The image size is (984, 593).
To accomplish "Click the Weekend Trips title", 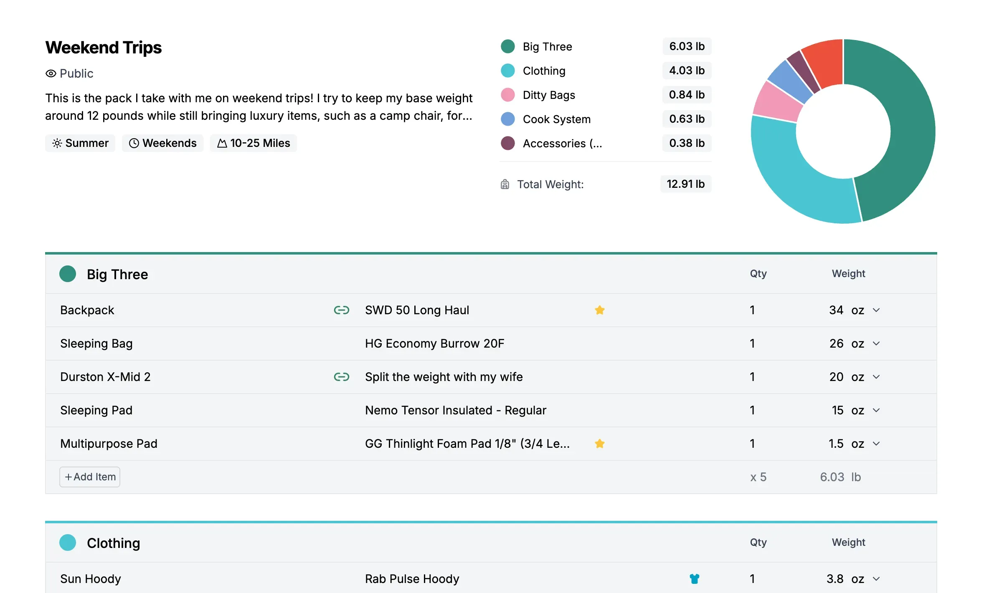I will [103, 48].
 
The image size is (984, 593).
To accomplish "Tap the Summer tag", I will [80, 143].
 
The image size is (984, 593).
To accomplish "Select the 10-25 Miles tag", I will [254, 143].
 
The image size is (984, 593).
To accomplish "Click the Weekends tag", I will [162, 143].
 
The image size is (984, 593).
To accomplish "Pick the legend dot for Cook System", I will [507, 119].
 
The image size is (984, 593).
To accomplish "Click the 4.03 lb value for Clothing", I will [687, 71].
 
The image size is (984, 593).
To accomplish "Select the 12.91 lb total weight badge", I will [685, 184].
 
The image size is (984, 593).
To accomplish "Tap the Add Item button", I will [90, 477].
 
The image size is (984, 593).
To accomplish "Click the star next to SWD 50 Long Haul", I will [600, 310].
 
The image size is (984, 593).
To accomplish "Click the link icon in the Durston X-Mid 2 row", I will [341, 377].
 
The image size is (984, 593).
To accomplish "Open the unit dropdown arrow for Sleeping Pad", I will [876, 410].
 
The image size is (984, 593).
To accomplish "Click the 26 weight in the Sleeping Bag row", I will [836, 343].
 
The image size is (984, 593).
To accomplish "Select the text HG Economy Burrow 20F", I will [434, 343].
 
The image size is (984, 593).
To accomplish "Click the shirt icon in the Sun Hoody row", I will [694, 579].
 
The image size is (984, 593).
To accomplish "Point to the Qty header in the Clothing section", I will [758, 542].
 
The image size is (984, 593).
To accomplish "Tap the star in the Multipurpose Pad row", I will [600, 444].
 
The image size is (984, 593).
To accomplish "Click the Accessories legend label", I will [562, 143].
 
